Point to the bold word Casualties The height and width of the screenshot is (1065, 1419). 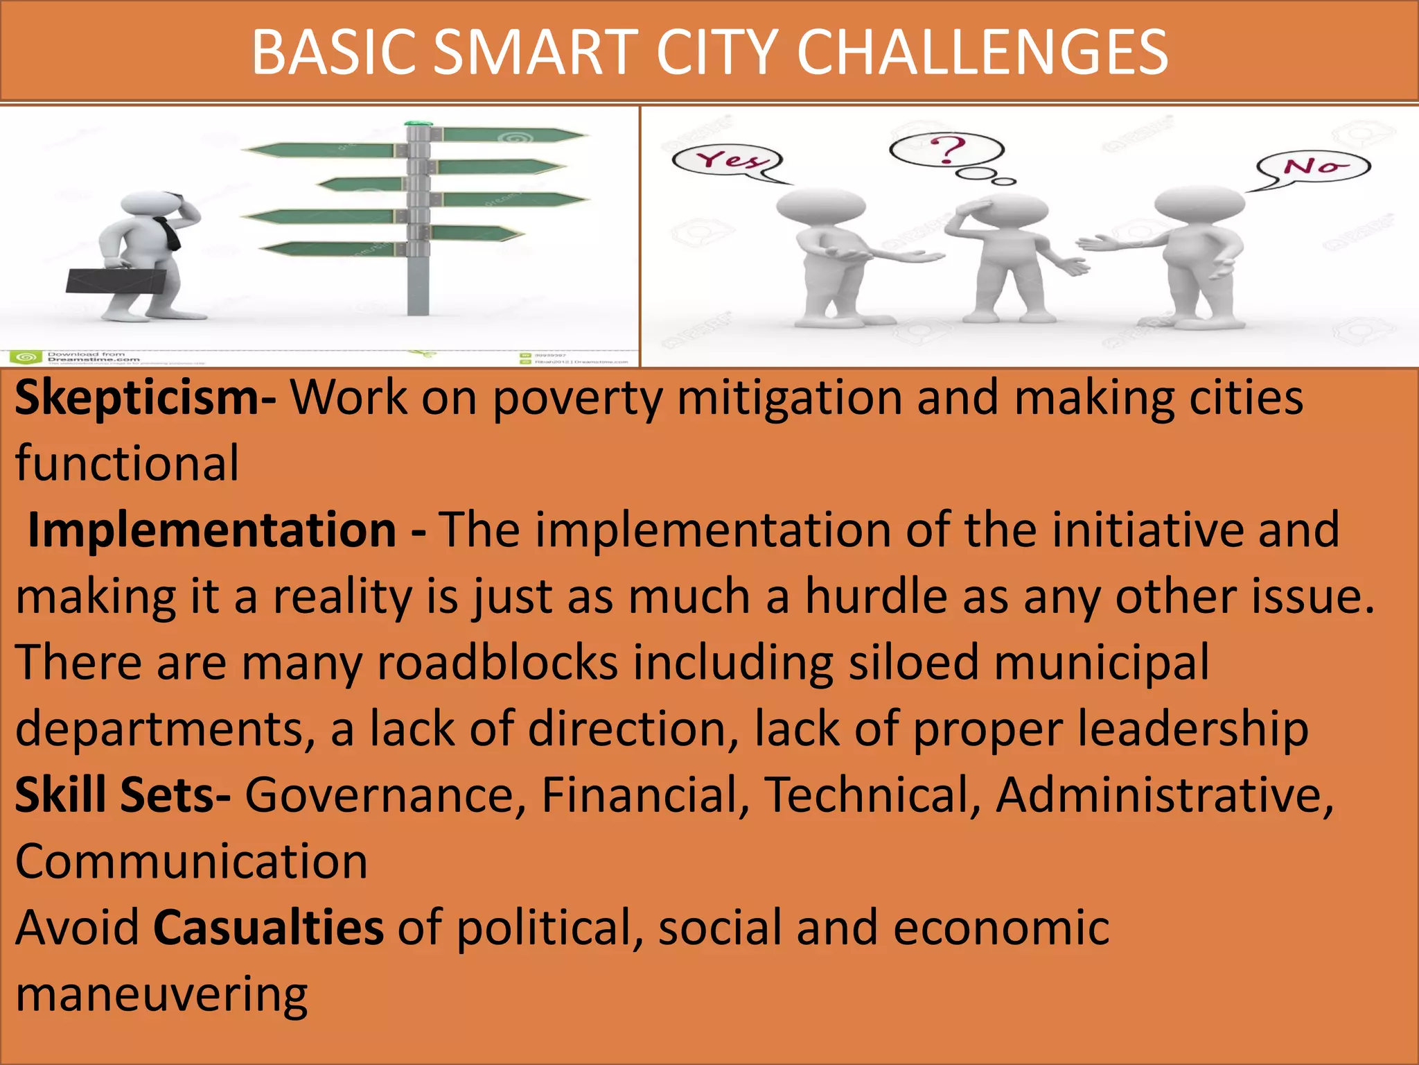[268, 928]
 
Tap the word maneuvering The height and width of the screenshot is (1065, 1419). [161, 995]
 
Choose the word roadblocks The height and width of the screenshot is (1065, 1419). [497, 663]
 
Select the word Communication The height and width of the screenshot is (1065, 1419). [191, 862]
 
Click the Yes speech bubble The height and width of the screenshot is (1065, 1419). [727, 161]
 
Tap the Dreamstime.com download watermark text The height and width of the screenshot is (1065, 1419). [94, 357]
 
